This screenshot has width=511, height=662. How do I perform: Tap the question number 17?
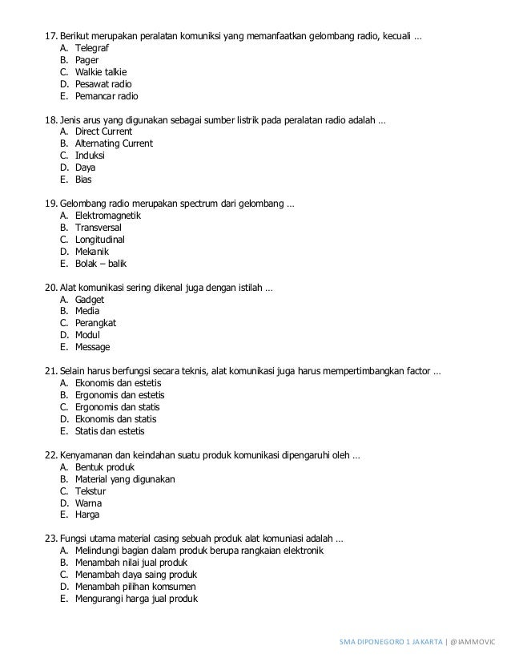point(50,36)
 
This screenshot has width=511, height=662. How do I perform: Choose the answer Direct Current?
point(103,131)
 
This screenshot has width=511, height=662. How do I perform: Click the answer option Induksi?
point(91,155)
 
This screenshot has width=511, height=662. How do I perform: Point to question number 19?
point(50,204)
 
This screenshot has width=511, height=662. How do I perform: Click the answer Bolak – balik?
point(99,264)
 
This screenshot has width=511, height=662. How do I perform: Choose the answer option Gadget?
point(90,299)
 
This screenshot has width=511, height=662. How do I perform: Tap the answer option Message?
point(92,347)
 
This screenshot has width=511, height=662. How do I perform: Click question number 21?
point(50,371)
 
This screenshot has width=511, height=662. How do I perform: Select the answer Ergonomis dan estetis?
point(119,395)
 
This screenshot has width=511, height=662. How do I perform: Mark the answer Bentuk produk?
point(104,467)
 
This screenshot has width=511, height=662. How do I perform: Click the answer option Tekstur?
point(90,490)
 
